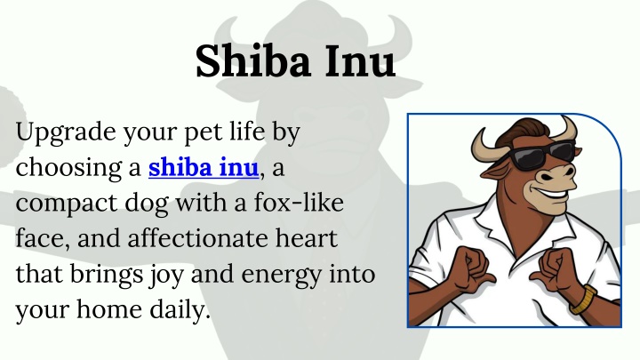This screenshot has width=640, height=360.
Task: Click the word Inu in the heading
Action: pyautogui.click(x=360, y=60)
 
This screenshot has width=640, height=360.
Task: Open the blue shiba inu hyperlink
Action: pyautogui.click(x=204, y=167)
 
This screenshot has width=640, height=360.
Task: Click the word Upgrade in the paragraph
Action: pyautogui.click(x=66, y=133)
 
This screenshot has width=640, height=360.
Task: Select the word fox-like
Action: pyautogui.click(x=299, y=202)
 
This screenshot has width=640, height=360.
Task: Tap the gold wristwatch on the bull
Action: pyautogui.click(x=584, y=300)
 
